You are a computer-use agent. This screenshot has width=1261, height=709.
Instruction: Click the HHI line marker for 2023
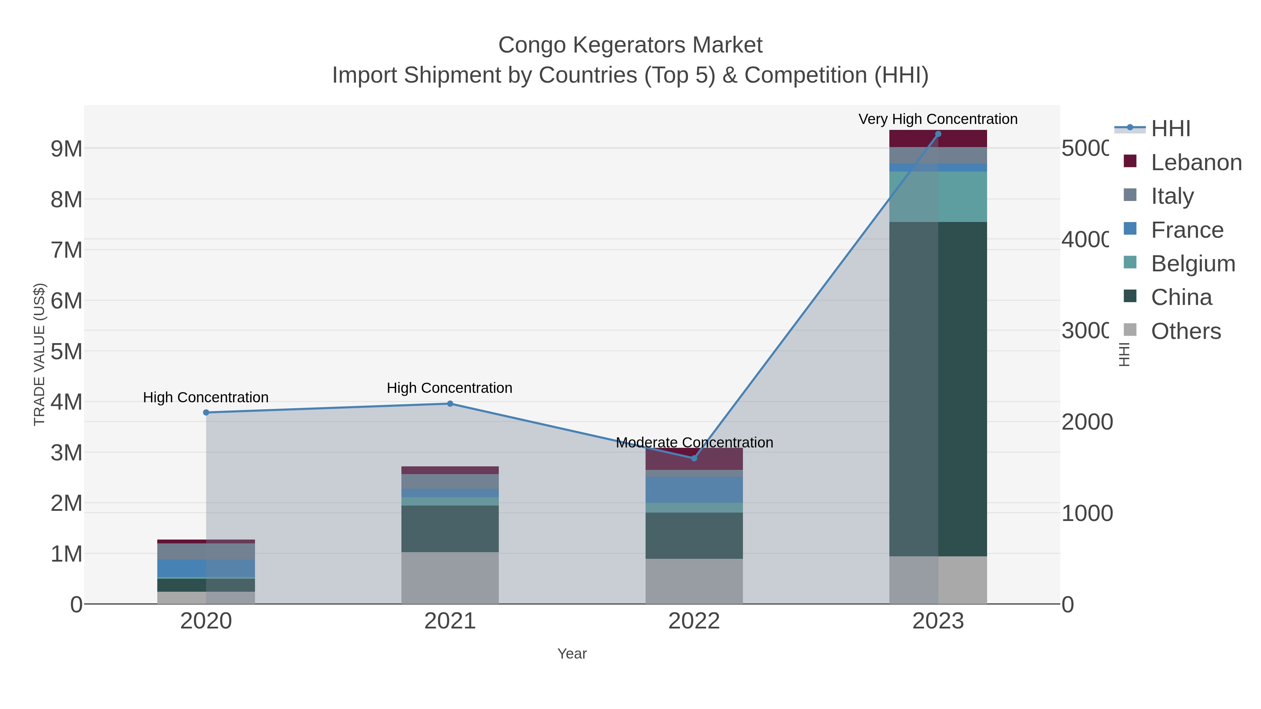coord(938,134)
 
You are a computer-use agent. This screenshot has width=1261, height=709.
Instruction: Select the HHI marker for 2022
coord(694,458)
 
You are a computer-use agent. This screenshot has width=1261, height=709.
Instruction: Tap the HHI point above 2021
coord(450,404)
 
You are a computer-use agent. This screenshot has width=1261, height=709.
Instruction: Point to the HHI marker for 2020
coord(206,412)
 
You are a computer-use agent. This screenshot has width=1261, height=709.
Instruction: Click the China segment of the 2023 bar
coord(938,389)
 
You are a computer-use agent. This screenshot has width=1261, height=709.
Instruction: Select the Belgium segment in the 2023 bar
coord(938,197)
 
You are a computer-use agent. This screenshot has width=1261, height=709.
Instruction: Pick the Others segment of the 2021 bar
coord(450,578)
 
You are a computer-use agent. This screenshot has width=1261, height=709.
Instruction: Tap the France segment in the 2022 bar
coord(694,490)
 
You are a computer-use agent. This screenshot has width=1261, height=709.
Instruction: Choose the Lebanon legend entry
coord(1196,162)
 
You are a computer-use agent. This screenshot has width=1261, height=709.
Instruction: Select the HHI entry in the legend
coord(1170,129)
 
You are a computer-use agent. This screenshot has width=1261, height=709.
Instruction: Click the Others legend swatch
coord(1130,330)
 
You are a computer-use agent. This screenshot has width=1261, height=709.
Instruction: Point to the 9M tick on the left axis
coord(67,149)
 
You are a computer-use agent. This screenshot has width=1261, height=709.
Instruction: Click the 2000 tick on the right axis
coord(1087,422)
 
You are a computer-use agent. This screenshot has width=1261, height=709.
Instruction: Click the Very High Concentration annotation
coord(938,119)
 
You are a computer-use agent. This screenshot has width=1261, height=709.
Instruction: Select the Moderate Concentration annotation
coord(694,442)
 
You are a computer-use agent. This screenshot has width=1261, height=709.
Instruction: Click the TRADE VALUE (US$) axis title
coord(39,354)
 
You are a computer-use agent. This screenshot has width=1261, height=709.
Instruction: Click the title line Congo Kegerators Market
coord(630,45)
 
